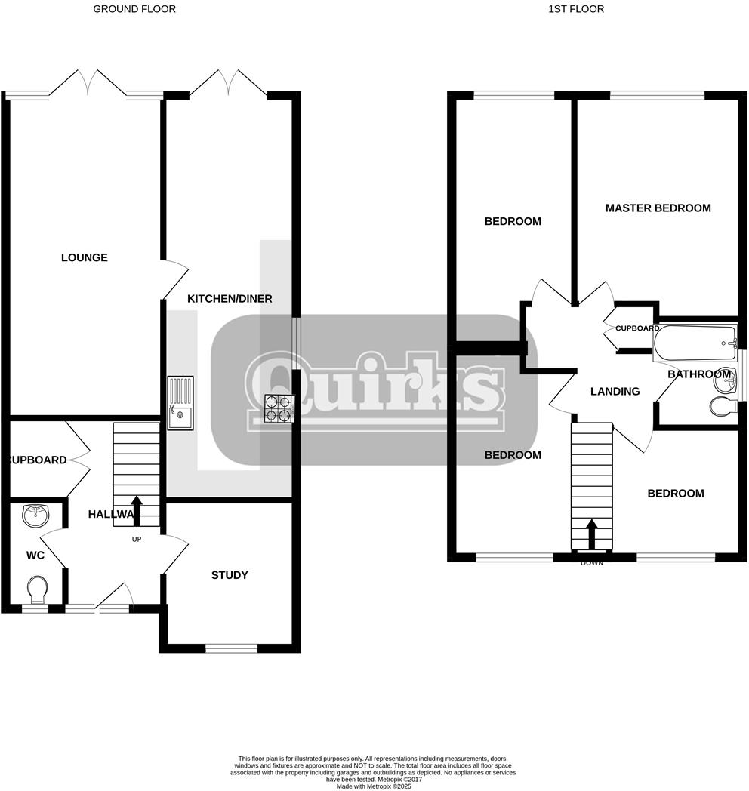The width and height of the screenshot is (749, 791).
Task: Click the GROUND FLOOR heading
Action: (134, 9)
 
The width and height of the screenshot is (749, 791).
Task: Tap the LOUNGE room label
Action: (85, 257)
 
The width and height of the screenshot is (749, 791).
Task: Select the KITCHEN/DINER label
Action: (230, 299)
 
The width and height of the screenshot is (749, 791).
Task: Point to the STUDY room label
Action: (230, 575)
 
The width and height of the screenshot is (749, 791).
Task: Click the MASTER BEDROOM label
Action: (658, 208)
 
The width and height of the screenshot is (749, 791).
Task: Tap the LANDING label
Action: (615, 391)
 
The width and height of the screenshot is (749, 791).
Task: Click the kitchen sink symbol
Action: (180, 403)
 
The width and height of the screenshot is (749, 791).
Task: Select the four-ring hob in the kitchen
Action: (276, 408)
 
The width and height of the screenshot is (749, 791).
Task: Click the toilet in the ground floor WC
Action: (35, 587)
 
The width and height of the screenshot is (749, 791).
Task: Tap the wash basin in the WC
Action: (35, 516)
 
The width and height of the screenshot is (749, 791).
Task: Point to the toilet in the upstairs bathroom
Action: (723, 407)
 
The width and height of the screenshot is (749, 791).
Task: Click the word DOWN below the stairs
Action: (591, 563)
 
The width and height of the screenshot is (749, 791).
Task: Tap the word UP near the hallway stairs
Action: (137, 539)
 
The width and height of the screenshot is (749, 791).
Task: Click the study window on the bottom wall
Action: (231, 648)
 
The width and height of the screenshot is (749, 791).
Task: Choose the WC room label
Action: (35, 556)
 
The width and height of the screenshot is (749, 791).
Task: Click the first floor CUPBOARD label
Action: (637, 328)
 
